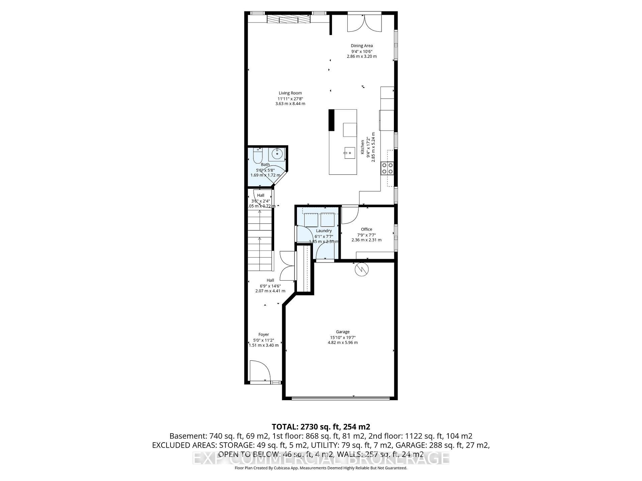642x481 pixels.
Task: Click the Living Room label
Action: click(290, 93)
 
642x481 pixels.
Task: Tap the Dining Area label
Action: click(361, 46)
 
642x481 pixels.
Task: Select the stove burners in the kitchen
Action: click(387, 168)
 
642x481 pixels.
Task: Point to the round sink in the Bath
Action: click(277, 154)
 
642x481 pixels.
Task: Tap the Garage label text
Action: click(342, 332)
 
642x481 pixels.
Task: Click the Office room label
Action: click(366, 229)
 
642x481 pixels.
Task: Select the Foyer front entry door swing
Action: click(259, 370)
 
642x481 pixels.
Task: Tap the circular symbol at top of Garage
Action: click(361, 270)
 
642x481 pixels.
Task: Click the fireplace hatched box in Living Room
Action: click(288, 19)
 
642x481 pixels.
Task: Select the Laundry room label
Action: click(324, 231)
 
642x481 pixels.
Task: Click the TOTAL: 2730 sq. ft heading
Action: click(321, 427)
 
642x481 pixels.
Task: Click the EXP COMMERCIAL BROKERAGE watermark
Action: click(321, 458)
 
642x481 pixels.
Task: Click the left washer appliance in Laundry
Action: click(311, 220)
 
